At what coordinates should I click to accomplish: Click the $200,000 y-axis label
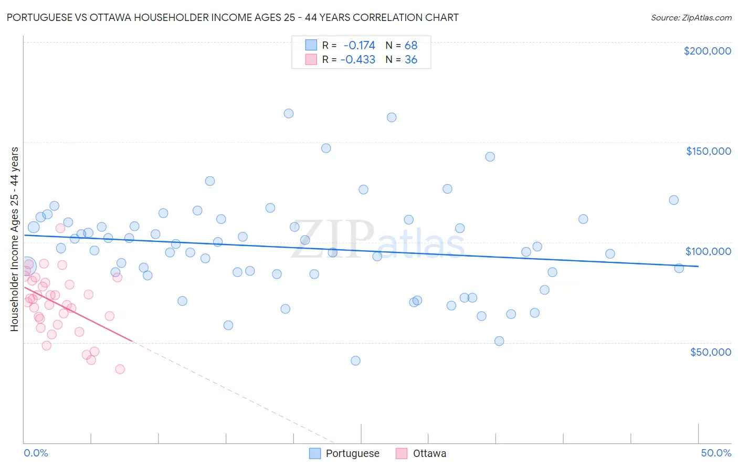(707, 51)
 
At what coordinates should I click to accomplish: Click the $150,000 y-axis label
(708, 151)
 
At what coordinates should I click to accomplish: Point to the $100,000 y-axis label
(708, 251)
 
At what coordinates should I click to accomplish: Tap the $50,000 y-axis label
(710, 352)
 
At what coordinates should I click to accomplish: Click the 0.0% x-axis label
(36, 453)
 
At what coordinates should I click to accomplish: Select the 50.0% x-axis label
(716, 453)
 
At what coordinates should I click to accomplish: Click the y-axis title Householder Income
(14, 239)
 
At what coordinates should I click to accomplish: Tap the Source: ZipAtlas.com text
(691, 18)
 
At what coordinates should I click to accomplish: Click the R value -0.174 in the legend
(359, 45)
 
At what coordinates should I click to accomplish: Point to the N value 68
(410, 45)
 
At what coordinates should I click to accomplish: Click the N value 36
(410, 60)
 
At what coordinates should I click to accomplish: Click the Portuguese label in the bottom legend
(352, 453)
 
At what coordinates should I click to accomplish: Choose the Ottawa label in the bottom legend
(429, 453)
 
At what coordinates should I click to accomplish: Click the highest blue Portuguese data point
(289, 113)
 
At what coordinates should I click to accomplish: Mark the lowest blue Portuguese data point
(355, 360)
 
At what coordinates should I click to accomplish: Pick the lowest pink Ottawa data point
(120, 369)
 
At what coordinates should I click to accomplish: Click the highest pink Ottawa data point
(60, 228)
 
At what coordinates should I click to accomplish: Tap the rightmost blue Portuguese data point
(679, 268)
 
